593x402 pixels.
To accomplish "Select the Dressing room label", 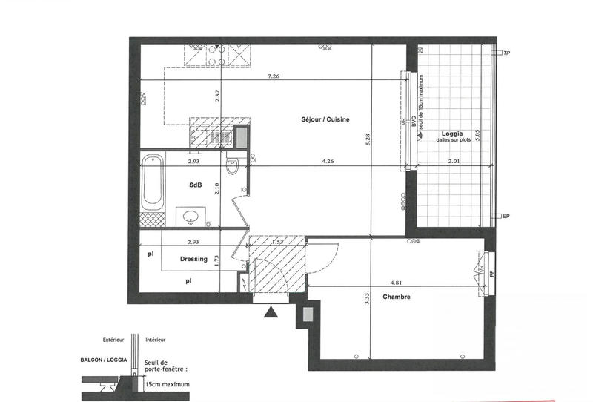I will point(193,259).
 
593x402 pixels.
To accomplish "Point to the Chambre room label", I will point(397,297).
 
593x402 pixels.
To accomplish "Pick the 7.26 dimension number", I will point(273,76).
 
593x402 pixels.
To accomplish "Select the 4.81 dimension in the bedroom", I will point(397,282).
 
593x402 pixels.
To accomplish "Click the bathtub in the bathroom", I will point(152,181).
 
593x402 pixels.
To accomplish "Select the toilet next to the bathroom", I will point(232,168).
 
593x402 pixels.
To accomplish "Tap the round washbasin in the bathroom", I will point(191,217).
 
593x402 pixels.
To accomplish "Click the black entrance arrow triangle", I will point(272,314).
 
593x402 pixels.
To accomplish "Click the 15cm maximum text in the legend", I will point(168,385).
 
